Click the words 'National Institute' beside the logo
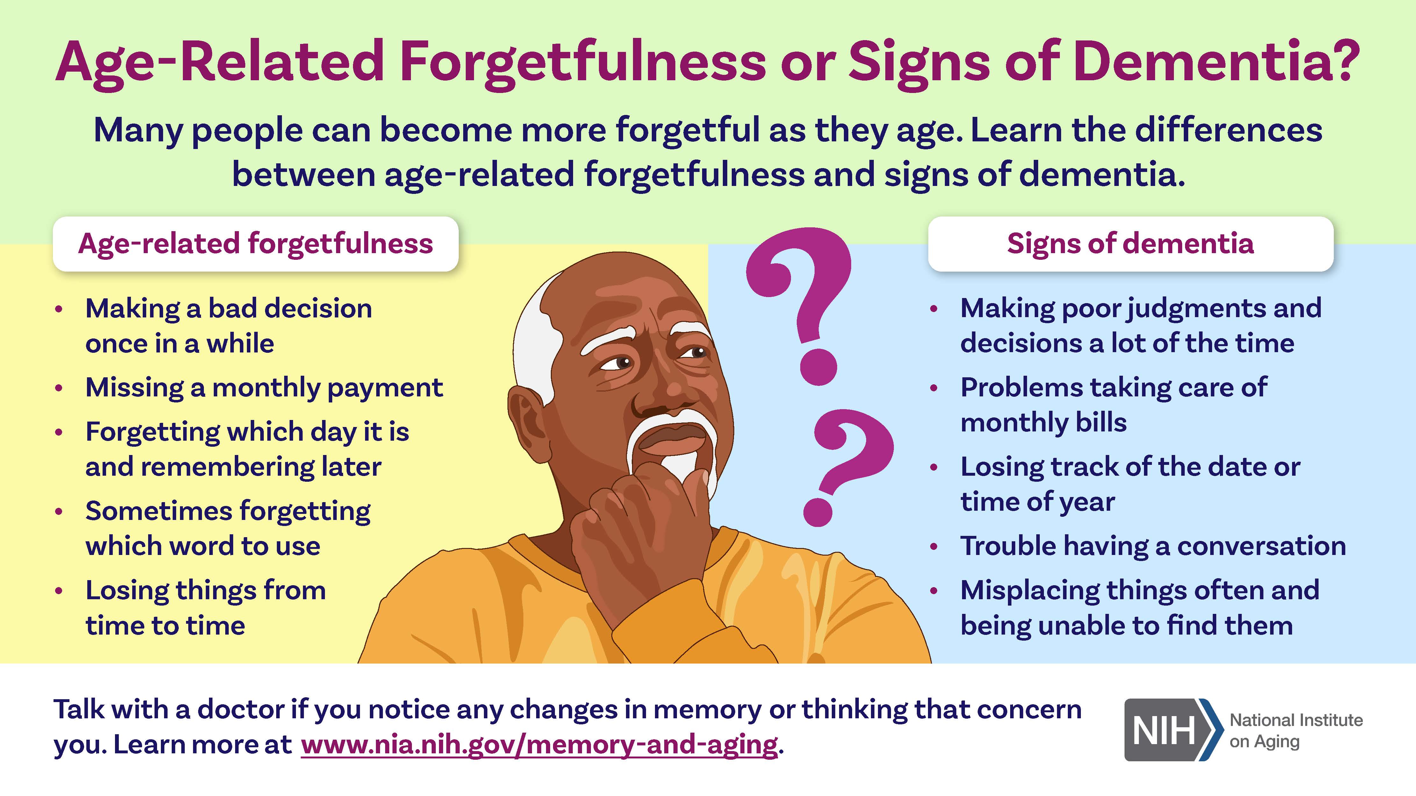click(x=1296, y=720)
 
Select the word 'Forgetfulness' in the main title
click(x=583, y=63)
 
